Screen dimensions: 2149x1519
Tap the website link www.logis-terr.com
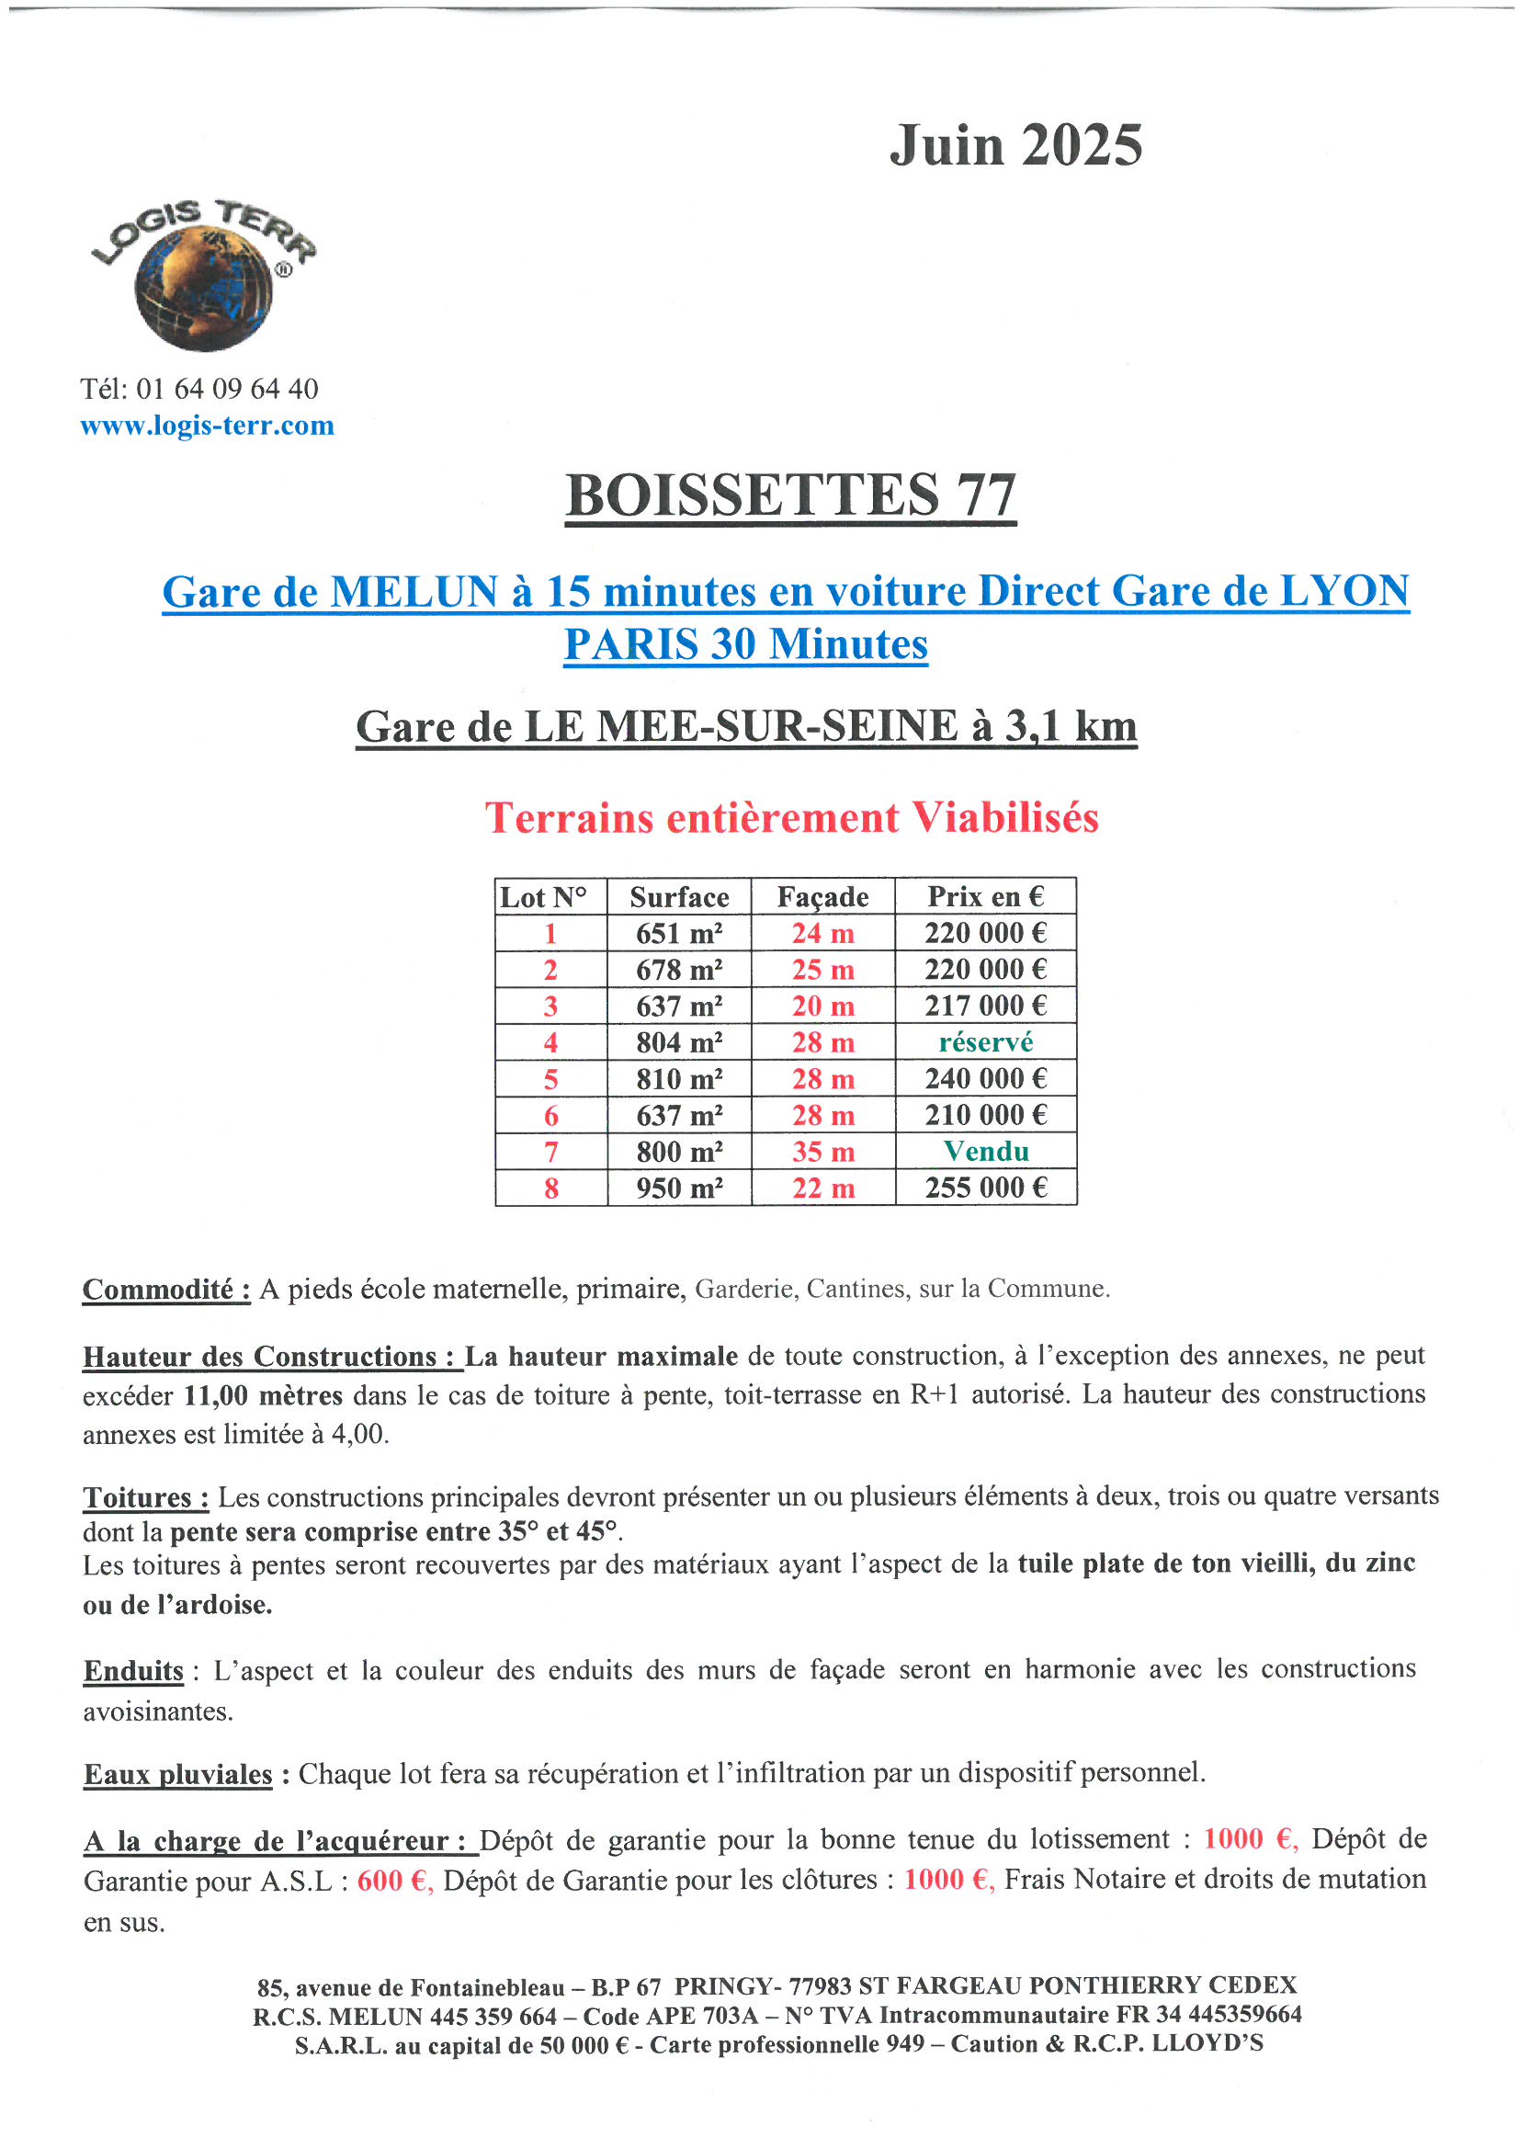(207, 426)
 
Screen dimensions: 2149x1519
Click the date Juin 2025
(1015, 146)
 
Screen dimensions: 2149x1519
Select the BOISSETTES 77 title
(791, 495)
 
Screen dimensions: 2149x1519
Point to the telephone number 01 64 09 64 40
(226, 389)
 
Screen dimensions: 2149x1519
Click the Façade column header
(822, 897)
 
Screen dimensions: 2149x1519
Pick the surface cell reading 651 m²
(678, 933)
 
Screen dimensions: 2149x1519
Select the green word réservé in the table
(985, 1041)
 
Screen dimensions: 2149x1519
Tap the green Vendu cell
(985, 1151)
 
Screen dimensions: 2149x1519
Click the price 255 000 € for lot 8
(985, 1188)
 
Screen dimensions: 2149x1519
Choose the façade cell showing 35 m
(822, 1151)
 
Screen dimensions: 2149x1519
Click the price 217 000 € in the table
(985, 1006)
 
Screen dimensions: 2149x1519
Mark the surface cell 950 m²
(678, 1188)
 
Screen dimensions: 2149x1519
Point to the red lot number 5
(550, 1079)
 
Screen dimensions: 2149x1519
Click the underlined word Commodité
(165, 1290)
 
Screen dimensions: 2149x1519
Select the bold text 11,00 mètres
(263, 1395)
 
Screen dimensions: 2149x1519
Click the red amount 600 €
(394, 1881)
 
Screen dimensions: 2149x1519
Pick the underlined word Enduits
(134, 1671)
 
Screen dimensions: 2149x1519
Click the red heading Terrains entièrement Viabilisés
(791, 818)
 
